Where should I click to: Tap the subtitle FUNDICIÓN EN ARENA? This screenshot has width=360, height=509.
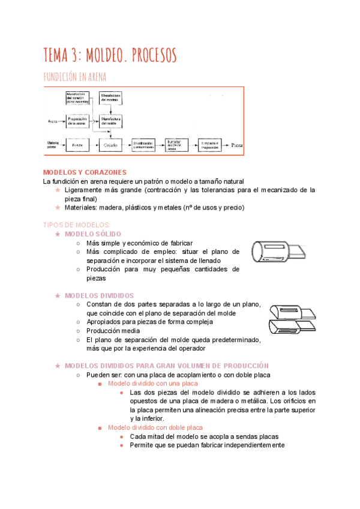(x=75, y=77)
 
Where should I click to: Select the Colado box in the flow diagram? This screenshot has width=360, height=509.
(x=111, y=145)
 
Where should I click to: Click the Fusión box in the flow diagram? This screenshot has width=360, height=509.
(x=77, y=145)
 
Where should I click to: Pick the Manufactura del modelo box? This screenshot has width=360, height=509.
(x=111, y=98)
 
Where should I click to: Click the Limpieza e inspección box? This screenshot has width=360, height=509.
(x=210, y=145)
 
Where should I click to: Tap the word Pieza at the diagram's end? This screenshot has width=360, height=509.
(x=236, y=145)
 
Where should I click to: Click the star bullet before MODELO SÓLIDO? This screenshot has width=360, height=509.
(x=58, y=233)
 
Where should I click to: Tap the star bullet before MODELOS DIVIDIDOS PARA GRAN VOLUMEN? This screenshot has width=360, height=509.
(x=58, y=366)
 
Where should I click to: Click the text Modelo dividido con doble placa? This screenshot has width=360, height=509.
(x=150, y=427)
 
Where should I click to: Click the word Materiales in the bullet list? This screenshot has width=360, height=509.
(x=80, y=208)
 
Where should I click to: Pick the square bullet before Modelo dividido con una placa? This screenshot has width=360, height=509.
(x=100, y=384)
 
